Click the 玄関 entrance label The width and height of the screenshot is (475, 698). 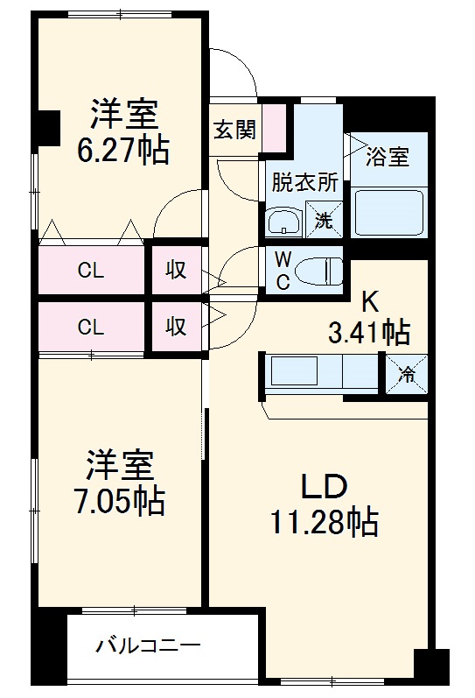point(234,130)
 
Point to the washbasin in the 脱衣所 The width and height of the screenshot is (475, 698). point(283,222)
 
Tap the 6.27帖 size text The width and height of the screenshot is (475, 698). point(122,151)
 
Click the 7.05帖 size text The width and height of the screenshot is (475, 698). point(120,500)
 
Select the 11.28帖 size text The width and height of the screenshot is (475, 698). point(325,522)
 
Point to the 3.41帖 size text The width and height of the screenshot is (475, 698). point(368,332)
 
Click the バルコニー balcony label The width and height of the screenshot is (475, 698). point(148,647)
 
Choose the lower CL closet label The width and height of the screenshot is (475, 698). point(91,328)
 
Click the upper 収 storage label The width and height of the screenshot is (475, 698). point(176,271)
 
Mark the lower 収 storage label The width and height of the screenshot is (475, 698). point(176,327)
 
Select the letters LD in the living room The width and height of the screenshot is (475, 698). point(325,485)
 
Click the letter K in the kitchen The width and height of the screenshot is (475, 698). point(369,302)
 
